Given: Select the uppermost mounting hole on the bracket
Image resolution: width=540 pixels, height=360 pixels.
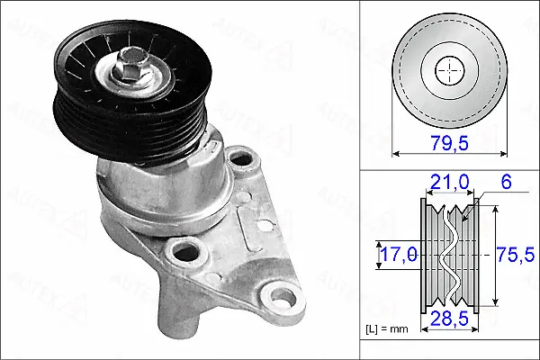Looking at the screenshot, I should [x=239, y=160].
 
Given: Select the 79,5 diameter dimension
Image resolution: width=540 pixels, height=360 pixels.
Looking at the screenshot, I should [x=450, y=142].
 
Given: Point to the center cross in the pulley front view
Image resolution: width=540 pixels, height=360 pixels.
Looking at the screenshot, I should [x=448, y=69].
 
